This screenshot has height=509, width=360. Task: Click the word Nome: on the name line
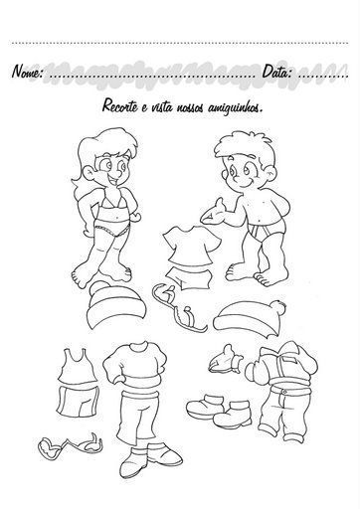[27, 71]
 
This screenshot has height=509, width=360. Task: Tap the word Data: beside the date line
[277, 71]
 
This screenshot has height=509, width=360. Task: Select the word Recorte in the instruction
[119, 105]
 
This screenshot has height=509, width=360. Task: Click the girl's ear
[89, 172]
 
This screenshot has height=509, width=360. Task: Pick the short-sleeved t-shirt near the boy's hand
[191, 246]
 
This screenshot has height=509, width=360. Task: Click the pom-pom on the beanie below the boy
[277, 308]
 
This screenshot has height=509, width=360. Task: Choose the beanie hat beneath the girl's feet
[116, 305]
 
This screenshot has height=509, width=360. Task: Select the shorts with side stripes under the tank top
[78, 402]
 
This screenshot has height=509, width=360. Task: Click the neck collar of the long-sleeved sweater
[138, 347]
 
